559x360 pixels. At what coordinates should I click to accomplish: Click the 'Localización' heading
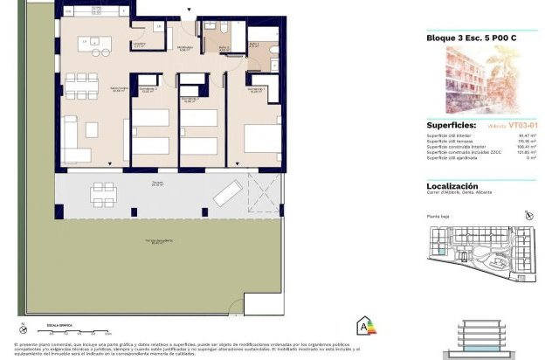click(x=452, y=185)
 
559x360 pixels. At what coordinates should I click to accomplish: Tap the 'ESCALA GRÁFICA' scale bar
click(x=74, y=330)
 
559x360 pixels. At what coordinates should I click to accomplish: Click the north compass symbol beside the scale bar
click(x=19, y=328)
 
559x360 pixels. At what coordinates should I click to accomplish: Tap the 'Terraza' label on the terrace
click(x=158, y=183)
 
